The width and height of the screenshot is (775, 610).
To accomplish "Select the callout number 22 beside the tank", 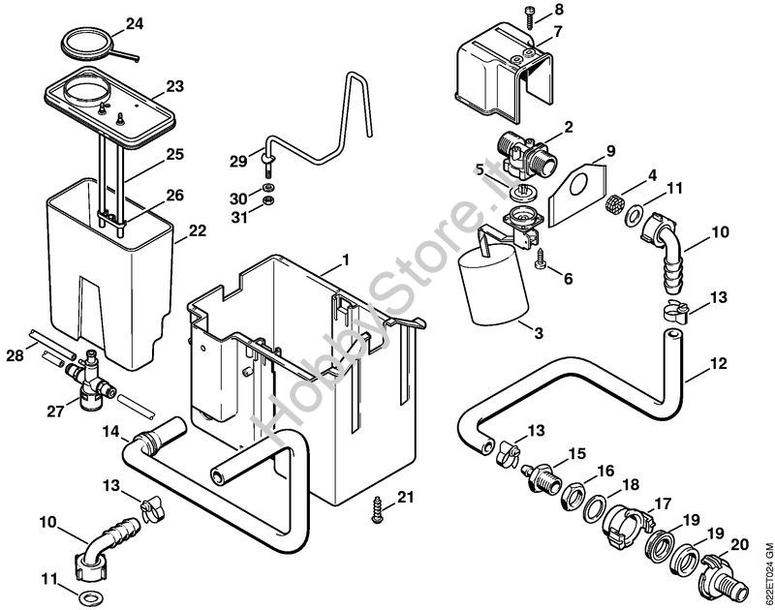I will (198, 230).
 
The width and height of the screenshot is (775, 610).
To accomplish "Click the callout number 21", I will (406, 498).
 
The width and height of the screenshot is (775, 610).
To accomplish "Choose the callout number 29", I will (238, 160).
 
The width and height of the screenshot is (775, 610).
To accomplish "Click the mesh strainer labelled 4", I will (614, 206).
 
